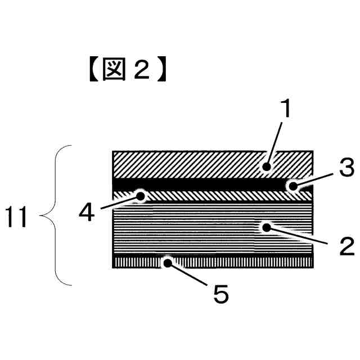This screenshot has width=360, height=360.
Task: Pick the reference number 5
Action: (221, 294)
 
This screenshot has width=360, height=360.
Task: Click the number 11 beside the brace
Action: (16, 217)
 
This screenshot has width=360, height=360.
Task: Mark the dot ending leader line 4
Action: (140, 196)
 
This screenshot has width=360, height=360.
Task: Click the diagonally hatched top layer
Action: (191, 164)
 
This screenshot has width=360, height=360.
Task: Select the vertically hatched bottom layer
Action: (236, 262)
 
